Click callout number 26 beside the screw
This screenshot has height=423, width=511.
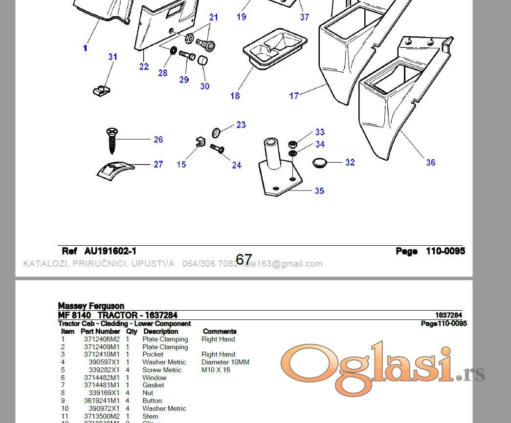[158, 140]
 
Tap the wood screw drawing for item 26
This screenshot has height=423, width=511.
[111, 140]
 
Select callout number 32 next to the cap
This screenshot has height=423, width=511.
[350, 162]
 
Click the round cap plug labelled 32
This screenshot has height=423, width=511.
[320, 162]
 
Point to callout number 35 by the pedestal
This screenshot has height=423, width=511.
[319, 190]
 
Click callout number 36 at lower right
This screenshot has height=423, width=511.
[430, 162]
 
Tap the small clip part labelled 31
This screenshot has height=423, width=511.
[101, 90]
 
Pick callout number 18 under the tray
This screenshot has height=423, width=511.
[235, 96]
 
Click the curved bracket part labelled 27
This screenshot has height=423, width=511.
[115, 169]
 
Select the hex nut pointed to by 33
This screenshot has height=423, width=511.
[292, 144]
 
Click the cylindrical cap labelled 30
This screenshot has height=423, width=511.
[203, 61]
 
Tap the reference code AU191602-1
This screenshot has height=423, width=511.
[110, 251]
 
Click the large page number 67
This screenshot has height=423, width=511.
[244, 259]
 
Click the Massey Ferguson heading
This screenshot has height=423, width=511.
[91, 306]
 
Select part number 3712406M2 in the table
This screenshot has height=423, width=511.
[102, 339]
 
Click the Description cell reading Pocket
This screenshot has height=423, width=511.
[153, 354]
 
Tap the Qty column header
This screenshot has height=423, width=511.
[132, 331]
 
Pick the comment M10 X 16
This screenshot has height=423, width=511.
[216, 370]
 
